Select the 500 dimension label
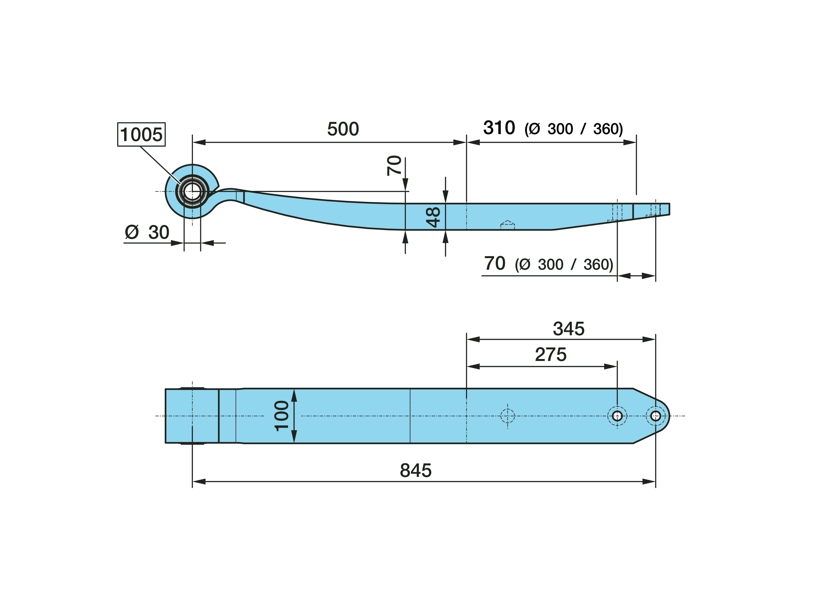[x=343, y=129]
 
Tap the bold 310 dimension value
[x=499, y=128]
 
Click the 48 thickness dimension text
[x=434, y=217]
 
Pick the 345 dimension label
[x=569, y=329]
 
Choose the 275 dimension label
[x=551, y=354]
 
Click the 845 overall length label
[x=416, y=471]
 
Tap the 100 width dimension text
[x=282, y=416]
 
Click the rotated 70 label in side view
[x=394, y=165]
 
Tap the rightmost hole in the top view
[x=656, y=416]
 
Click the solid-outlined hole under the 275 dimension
[x=617, y=416]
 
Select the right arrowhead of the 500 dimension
[x=460, y=142]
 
